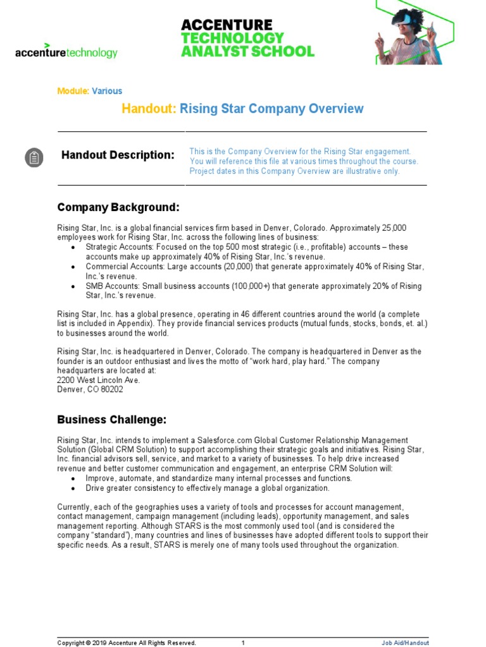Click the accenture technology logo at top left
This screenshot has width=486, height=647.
66,52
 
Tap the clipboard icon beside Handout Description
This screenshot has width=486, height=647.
34,157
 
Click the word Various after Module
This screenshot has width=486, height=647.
107,91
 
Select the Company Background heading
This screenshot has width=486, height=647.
118,207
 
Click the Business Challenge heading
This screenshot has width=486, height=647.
112,420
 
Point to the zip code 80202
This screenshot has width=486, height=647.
110,389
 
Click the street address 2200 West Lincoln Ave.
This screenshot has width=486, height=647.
99,380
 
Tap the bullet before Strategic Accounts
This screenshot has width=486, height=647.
73,247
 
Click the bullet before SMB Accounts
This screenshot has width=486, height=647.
73,286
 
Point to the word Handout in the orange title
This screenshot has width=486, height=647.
149,109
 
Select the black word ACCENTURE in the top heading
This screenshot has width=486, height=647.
227,25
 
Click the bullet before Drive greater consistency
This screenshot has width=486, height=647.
73,488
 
